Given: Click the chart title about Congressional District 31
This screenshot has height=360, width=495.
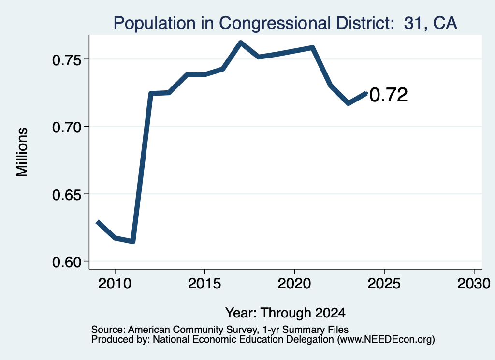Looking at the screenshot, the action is pyautogui.click(x=285, y=23).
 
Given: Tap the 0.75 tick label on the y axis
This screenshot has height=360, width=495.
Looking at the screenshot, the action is pyautogui.click(x=67, y=60).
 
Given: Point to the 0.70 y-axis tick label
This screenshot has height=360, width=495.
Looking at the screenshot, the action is pyautogui.click(x=67, y=128).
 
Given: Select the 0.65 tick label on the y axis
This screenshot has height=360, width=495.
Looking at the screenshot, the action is pyautogui.click(x=67, y=195).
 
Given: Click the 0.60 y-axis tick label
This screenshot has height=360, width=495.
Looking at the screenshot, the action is pyautogui.click(x=67, y=262).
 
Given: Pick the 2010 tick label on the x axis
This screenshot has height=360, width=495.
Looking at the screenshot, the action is pyautogui.click(x=115, y=284).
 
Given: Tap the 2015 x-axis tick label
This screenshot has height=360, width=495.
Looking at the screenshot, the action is pyautogui.click(x=204, y=284).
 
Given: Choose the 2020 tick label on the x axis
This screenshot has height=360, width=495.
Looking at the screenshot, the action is pyautogui.click(x=294, y=284).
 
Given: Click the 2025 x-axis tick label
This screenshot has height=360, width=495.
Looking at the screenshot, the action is pyautogui.click(x=384, y=284).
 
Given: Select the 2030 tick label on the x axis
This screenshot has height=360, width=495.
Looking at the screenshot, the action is pyautogui.click(x=474, y=284).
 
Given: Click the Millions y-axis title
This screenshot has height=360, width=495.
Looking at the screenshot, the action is pyautogui.click(x=22, y=152).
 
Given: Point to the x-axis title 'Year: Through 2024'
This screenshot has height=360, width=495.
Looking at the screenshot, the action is pyautogui.click(x=285, y=313).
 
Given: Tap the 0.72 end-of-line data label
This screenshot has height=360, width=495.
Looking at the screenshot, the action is pyautogui.click(x=388, y=95).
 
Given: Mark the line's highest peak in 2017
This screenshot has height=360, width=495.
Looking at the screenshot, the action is pyautogui.click(x=241, y=43).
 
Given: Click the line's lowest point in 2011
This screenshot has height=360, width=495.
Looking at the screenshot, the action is pyautogui.click(x=133, y=241).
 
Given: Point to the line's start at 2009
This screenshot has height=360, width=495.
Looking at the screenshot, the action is pyautogui.click(x=98, y=222).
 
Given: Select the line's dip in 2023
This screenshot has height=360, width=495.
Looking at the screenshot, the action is pyautogui.click(x=349, y=103).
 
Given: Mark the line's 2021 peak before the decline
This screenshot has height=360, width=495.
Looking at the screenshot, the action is pyautogui.click(x=313, y=48).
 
